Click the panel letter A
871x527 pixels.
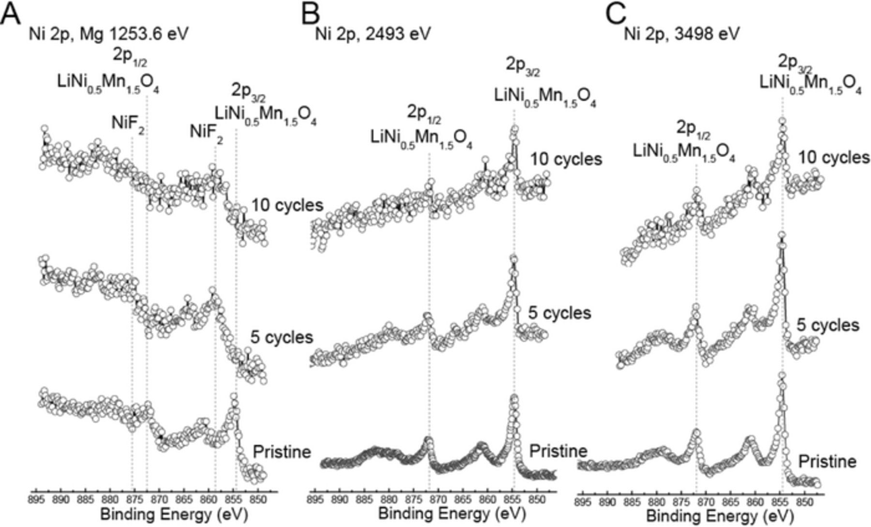11,15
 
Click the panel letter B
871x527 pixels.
310,15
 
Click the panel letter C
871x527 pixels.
616,15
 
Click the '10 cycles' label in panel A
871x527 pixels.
287,205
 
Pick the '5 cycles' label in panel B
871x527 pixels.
559,313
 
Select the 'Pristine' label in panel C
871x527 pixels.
826,462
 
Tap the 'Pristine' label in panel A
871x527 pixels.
282,452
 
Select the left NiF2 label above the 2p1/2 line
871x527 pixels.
128,124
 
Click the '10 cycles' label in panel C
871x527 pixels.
833,158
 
